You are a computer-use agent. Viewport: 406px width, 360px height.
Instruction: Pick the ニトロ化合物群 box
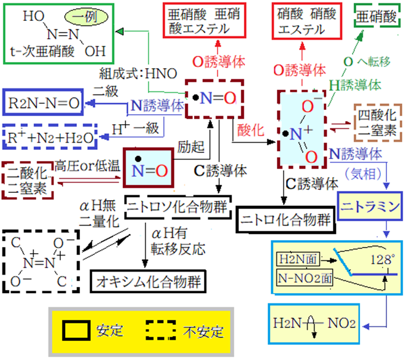[285, 218]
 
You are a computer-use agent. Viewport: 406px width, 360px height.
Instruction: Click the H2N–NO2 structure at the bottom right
[314, 321]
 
